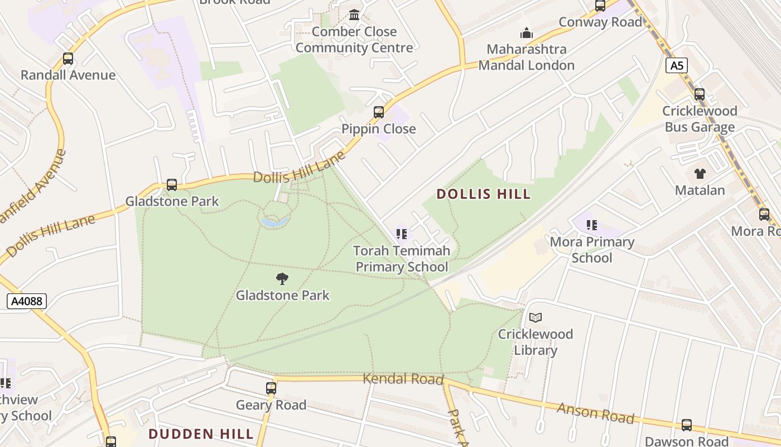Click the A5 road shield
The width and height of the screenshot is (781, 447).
pos(676,66)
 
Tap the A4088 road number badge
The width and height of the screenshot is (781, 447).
pos(27,302)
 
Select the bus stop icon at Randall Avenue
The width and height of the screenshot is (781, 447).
pos(68,59)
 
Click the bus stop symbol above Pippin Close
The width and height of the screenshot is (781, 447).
pos(379,112)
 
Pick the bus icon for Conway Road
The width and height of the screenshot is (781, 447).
pos(600,6)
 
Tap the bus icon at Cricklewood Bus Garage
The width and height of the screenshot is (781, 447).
pos(700,94)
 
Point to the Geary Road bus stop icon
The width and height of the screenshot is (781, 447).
pos(271,388)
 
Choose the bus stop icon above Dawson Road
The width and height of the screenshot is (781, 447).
pos(687,425)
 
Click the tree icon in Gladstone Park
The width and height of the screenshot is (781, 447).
pos(282,278)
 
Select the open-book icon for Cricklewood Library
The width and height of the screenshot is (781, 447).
pos(536,317)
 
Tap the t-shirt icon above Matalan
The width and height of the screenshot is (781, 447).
pos(700,174)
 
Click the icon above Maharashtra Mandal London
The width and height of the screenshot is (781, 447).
pos(526,33)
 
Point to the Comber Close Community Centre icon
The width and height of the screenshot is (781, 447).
pos(354,15)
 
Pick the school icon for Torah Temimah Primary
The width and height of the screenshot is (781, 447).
pos(402,234)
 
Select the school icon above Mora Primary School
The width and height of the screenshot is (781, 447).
pos(592,225)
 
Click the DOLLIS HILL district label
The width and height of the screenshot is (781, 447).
pos(484,194)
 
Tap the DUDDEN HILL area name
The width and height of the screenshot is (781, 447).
pos(201,434)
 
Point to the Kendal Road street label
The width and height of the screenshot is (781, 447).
pos(403,379)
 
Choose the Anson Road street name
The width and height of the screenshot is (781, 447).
pos(596,413)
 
